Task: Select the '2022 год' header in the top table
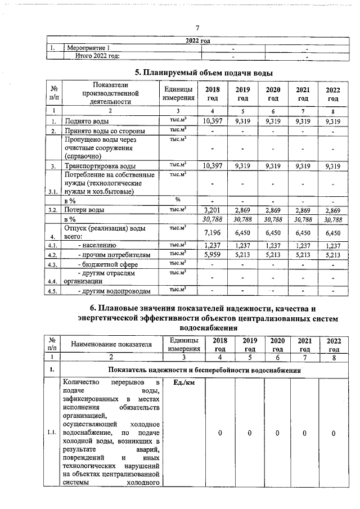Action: pyautogui.click(x=197, y=40)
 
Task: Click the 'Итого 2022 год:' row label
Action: pyautogui.click(x=98, y=56)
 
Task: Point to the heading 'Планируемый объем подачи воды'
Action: pyautogui.click(x=205, y=73)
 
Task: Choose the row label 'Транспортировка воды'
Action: pyautogui.click(x=100, y=166)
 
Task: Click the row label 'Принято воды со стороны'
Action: pyautogui.click(x=102, y=131)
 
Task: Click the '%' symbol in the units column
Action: pyautogui.click(x=178, y=200)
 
